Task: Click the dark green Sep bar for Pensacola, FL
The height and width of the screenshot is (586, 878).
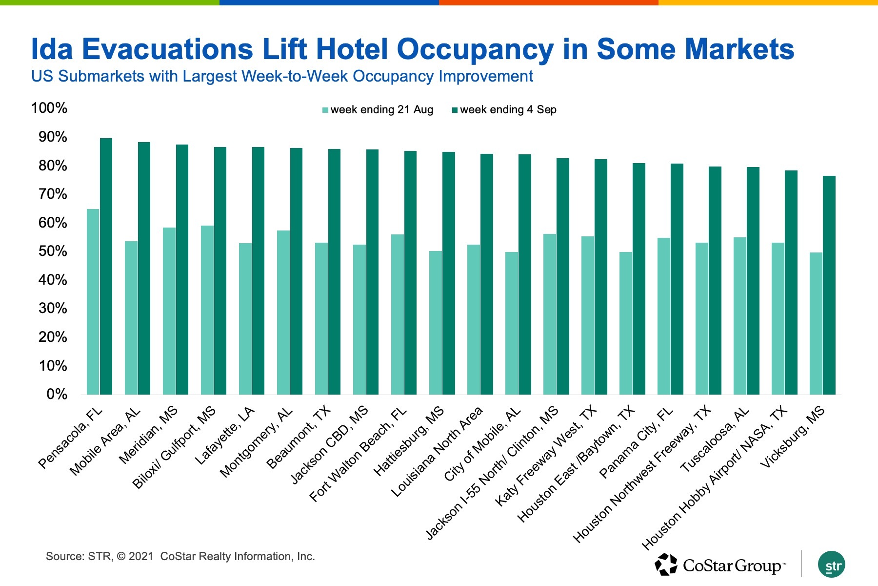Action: pyautogui.click(x=106, y=266)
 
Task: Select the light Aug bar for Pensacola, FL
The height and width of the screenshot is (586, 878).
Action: pyautogui.click(x=93, y=302)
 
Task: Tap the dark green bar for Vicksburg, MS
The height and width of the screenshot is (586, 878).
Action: pyautogui.click(x=829, y=285)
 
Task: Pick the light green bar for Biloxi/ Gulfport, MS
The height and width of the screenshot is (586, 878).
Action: pyautogui.click(x=207, y=310)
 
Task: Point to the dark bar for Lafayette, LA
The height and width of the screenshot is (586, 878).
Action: pyautogui.click(x=258, y=271)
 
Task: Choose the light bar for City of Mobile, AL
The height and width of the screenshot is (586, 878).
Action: pyautogui.click(x=512, y=323)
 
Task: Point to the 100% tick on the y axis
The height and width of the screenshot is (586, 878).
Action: pyautogui.click(x=49, y=108)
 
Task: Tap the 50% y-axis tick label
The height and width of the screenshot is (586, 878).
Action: pyautogui.click(x=53, y=251)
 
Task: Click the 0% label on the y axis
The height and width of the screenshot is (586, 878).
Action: pyautogui.click(x=57, y=394)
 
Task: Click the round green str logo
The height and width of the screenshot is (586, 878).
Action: pyautogui.click(x=831, y=565)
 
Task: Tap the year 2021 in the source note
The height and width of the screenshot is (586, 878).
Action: pyautogui.click(x=141, y=556)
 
